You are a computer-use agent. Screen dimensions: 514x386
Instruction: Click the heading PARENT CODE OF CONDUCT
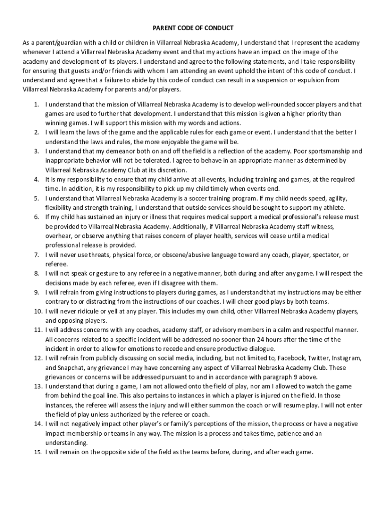coord(193,28)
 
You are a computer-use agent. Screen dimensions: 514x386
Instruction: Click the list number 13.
coord(37,387)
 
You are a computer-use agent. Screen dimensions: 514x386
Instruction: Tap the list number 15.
coord(37,452)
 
